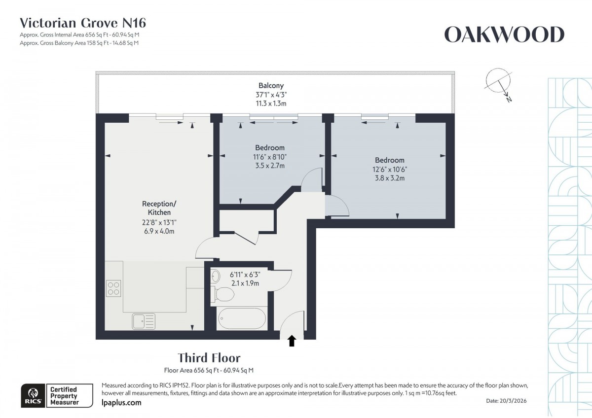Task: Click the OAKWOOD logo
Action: coord(504,35)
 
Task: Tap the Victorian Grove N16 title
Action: coord(82,23)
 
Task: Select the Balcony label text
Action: coord(271,85)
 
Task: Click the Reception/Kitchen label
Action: coord(159,208)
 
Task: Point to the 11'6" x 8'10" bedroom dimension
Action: coord(270,157)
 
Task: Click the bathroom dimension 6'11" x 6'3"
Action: coord(245,274)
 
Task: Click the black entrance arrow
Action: coord(292,341)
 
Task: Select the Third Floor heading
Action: coord(209,357)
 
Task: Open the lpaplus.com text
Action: coord(121,403)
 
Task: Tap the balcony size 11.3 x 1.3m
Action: coord(271,104)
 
